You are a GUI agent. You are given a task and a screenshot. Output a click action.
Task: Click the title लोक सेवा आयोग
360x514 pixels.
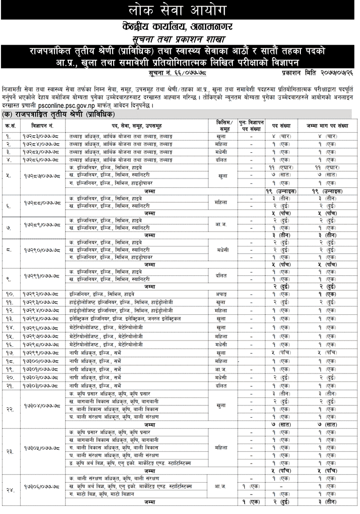pos(179,10)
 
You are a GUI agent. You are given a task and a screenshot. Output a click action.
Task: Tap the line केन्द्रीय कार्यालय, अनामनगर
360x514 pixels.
pos(179,25)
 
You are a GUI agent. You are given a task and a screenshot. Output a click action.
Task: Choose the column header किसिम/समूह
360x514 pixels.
pos(223,126)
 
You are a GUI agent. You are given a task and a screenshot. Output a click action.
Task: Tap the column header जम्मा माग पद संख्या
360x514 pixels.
pos(328,126)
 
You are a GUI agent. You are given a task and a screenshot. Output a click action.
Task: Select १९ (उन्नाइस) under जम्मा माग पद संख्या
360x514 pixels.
pos(328,191)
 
